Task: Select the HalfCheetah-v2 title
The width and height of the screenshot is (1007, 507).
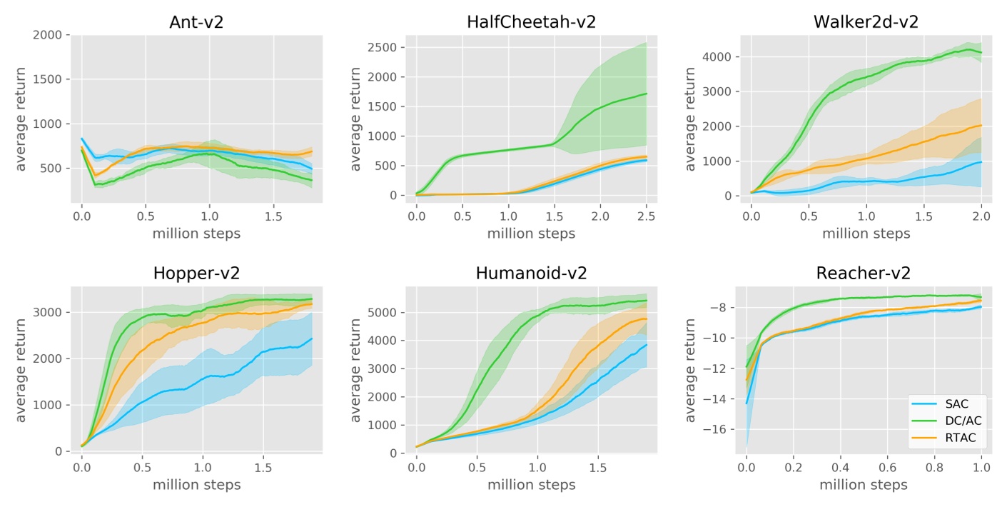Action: pos(531,21)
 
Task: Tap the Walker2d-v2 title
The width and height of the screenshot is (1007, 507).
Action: pos(866,21)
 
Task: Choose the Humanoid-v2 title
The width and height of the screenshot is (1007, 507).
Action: pos(531,273)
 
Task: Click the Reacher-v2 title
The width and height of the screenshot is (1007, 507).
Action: pos(866,273)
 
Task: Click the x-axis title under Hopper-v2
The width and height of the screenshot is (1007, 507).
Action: pos(196,485)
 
